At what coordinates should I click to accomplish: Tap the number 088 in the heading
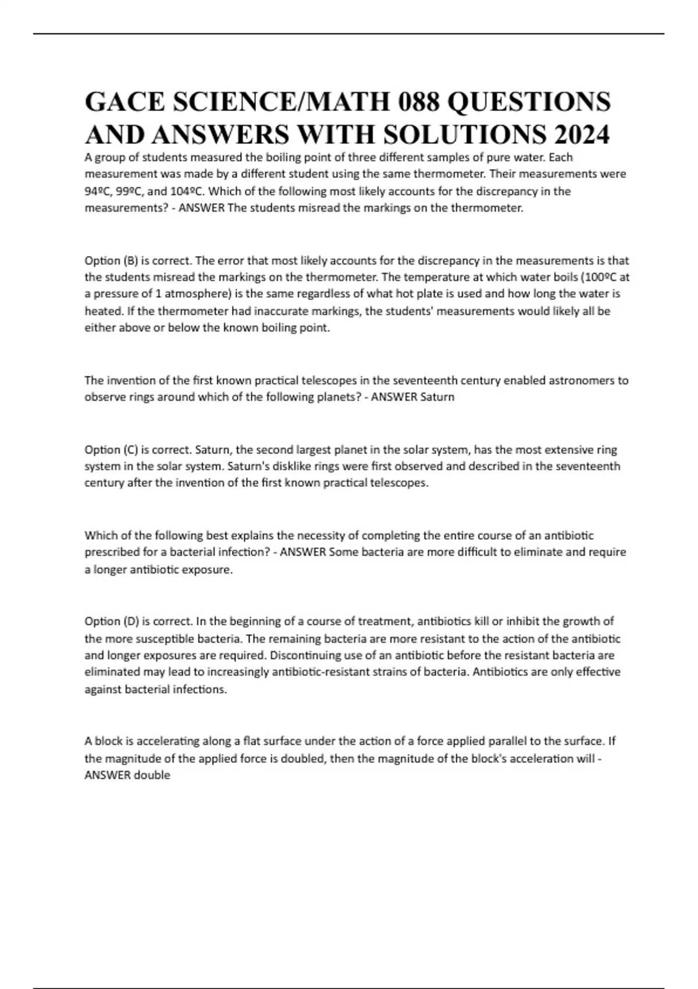(416, 102)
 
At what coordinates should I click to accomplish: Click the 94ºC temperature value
(97, 191)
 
